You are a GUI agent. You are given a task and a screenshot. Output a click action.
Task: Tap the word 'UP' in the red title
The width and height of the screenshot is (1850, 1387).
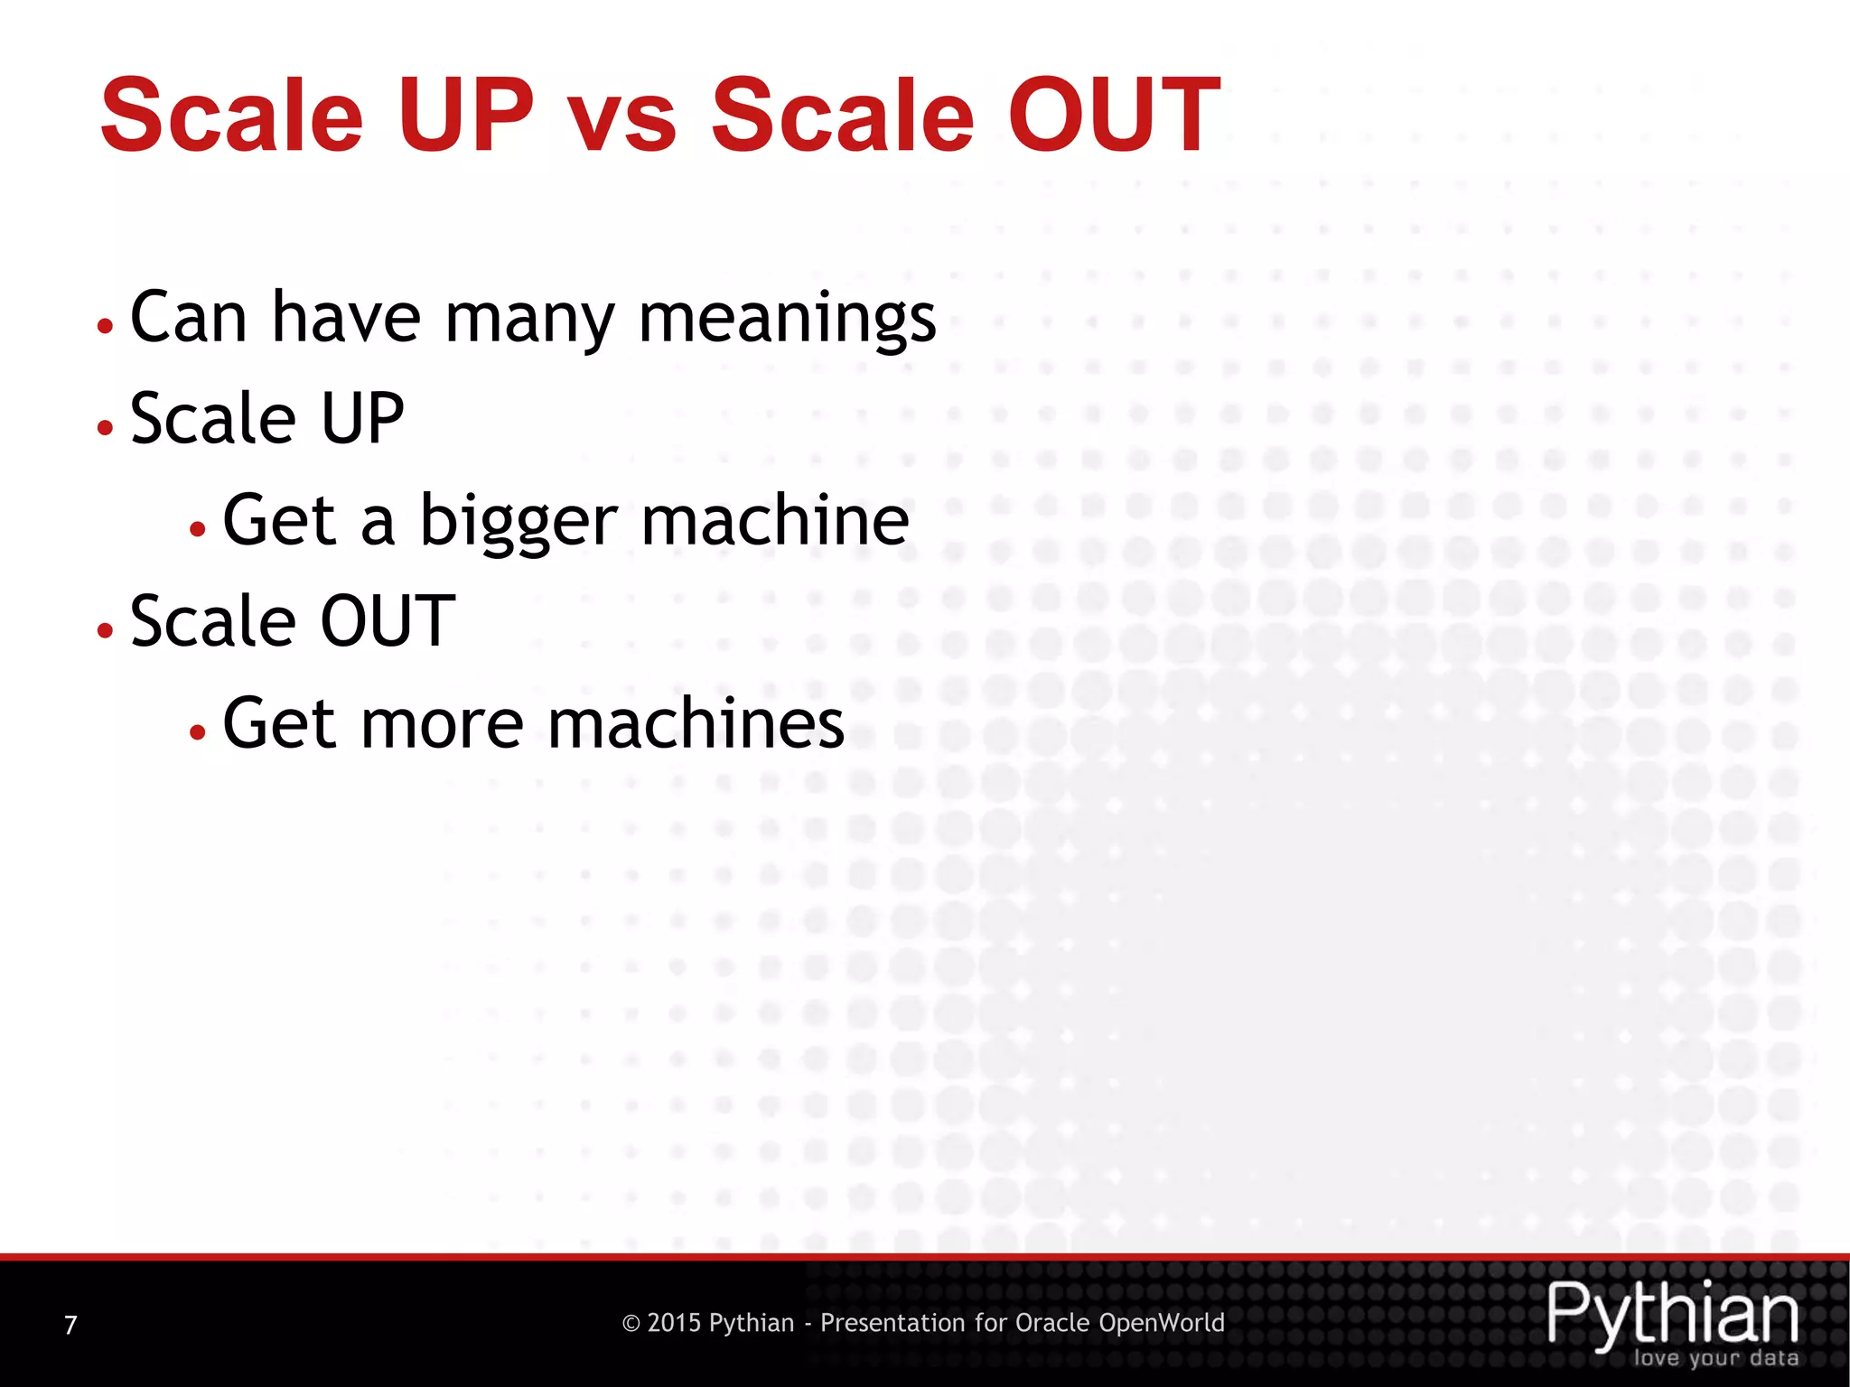tap(466, 116)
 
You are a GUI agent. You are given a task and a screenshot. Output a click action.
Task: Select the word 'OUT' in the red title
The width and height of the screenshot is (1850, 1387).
tap(1114, 116)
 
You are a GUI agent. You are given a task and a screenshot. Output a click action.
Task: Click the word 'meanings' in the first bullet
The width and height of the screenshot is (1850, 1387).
tap(787, 320)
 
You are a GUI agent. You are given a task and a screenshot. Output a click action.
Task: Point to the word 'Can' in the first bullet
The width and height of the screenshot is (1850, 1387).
tap(188, 318)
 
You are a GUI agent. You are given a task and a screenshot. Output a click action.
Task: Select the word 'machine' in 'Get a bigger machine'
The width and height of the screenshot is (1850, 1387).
tap(775, 520)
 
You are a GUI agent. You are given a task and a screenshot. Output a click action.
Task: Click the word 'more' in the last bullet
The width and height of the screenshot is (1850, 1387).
tap(442, 724)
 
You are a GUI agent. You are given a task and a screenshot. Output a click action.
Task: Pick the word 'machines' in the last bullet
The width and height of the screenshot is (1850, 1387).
tap(696, 724)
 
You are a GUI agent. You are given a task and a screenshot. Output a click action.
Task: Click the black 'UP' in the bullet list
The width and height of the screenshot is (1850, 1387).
tap(362, 419)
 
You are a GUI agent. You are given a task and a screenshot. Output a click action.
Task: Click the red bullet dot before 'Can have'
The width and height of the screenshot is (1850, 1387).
tap(106, 326)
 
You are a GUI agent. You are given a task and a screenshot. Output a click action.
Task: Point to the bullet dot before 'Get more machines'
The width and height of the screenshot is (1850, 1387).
tap(198, 731)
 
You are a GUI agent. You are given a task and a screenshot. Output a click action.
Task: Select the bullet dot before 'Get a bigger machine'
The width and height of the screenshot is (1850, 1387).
tap(198, 528)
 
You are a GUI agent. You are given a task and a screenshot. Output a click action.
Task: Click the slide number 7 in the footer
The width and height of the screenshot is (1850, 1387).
tap(70, 1325)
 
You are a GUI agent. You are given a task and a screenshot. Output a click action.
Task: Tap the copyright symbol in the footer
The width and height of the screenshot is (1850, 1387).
tap(631, 1324)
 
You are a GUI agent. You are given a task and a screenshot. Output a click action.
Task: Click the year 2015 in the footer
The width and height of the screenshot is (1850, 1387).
tap(674, 1323)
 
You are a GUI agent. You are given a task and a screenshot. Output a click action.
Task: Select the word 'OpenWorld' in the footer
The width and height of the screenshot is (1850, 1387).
tap(1161, 1323)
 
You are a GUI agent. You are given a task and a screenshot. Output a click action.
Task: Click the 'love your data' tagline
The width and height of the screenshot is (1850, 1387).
tap(1715, 1358)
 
